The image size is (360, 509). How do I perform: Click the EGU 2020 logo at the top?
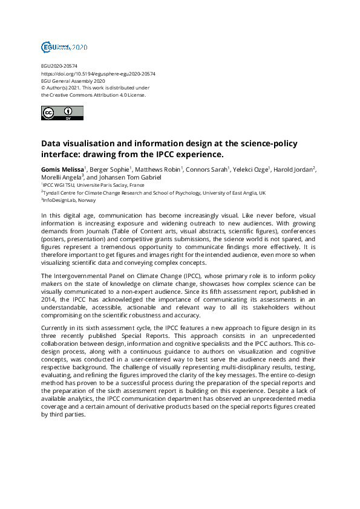[x=64, y=47]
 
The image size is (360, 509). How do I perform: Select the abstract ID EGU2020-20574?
[x=59, y=66]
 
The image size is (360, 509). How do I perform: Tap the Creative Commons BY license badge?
[x=62, y=113]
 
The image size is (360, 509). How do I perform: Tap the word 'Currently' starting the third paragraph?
[x=54, y=327]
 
